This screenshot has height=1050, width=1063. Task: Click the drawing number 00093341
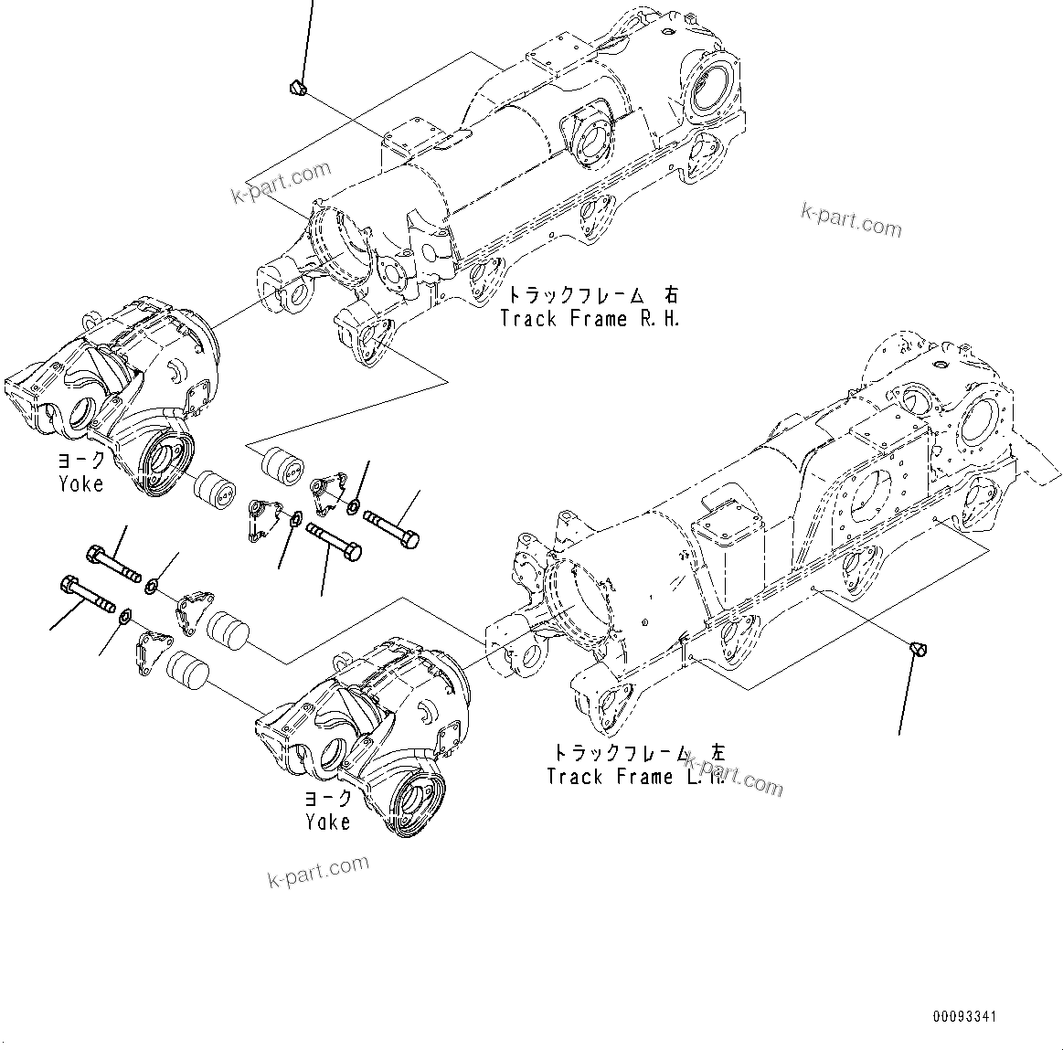pyautogui.click(x=964, y=1016)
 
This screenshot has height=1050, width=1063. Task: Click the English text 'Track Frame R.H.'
pyautogui.click(x=590, y=319)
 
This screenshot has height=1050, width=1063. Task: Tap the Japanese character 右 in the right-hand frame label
pyautogui.click(x=672, y=295)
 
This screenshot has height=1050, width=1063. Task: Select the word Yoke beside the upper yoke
pyautogui.click(x=80, y=483)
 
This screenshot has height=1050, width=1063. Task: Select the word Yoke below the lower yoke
pyautogui.click(x=327, y=822)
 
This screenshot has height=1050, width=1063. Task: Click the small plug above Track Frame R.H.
pyautogui.click(x=297, y=87)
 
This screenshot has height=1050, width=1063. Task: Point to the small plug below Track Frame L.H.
pyautogui.click(x=920, y=649)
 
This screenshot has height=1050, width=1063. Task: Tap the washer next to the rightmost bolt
pyautogui.click(x=353, y=505)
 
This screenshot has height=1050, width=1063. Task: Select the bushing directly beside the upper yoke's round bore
pyautogui.click(x=218, y=487)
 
